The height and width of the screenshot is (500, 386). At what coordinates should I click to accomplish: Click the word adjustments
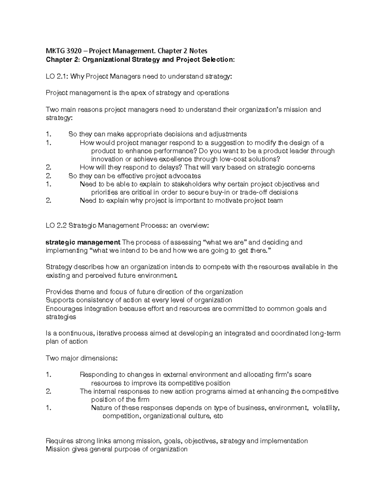pos(228,134)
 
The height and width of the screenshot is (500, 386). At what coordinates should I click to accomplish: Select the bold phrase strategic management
pos(83,242)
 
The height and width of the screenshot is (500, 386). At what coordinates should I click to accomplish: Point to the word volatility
pos(326,408)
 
